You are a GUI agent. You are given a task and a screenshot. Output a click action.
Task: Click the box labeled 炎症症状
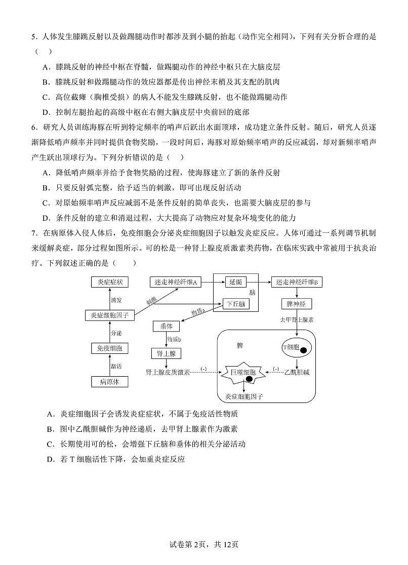point(110,282)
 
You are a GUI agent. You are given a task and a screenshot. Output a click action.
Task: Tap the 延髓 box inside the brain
point(235,282)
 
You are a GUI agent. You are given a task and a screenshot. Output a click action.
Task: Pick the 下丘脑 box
point(236,304)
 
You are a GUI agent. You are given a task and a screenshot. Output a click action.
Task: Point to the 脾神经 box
point(297,304)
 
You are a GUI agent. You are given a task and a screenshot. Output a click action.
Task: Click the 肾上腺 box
point(166,353)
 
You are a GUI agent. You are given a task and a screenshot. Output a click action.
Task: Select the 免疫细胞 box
point(110,348)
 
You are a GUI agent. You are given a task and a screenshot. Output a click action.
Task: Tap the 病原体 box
point(110,382)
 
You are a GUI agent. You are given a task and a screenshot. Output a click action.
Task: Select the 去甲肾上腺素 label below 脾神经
point(297,319)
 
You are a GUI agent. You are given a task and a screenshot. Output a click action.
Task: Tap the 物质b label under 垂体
point(174,340)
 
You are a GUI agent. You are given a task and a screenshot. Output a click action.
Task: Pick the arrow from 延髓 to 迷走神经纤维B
point(264,282)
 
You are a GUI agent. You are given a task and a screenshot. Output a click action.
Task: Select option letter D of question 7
point(50,460)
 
